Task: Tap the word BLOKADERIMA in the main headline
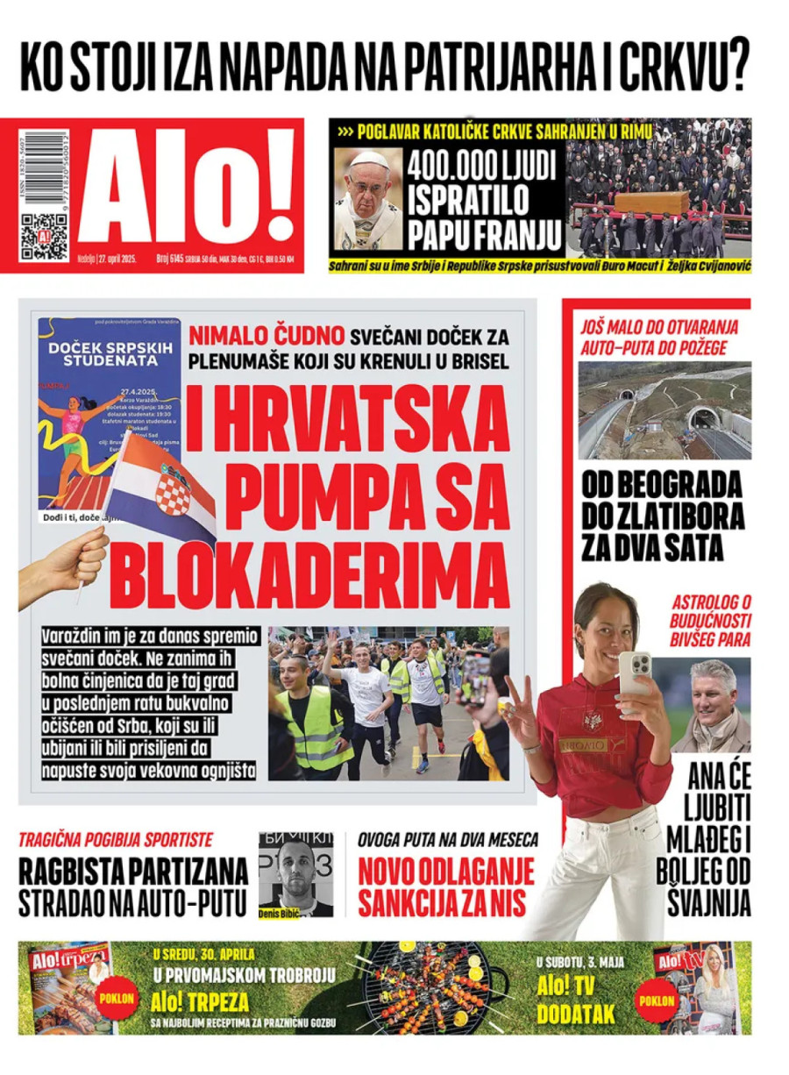[x=312, y=573]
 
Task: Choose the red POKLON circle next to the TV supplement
[x=657, y=1000]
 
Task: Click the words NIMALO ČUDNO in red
[x=267, y=335]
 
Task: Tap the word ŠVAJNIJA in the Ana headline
[x=705, y=901]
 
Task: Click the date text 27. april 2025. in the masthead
[x=112, y=260]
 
